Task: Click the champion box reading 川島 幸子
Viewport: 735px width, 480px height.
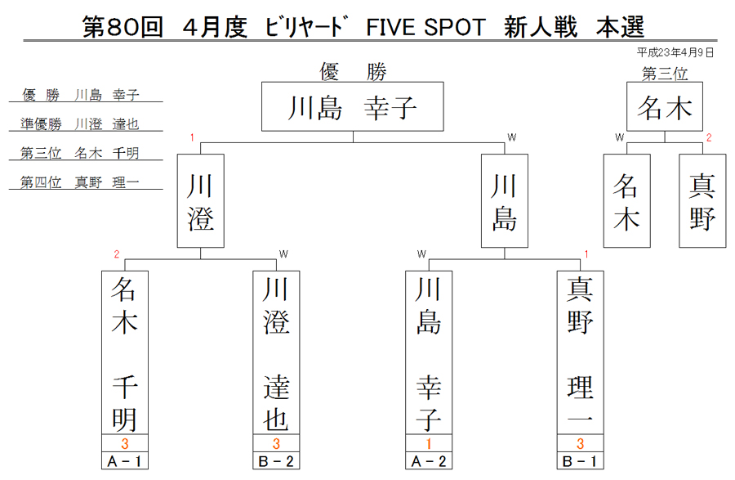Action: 353,106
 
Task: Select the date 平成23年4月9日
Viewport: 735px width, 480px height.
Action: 675,52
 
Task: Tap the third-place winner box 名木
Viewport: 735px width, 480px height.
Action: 665,106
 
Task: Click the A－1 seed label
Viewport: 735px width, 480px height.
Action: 125,460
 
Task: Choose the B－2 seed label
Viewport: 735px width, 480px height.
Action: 276,460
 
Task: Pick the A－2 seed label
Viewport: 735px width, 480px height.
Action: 429,460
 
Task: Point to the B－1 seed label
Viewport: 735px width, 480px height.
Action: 581,460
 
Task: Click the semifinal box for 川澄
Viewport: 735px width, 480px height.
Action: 201,201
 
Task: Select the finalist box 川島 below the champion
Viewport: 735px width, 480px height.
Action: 505,201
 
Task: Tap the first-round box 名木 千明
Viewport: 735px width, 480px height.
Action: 125,352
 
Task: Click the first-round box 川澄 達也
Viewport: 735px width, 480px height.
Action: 276,352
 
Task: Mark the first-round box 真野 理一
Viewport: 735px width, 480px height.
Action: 581,352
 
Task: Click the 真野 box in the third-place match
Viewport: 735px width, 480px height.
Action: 702,201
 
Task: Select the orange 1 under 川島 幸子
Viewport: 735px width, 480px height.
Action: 429,443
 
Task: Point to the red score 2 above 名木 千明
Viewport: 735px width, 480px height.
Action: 117,254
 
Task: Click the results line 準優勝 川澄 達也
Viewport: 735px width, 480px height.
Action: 80,123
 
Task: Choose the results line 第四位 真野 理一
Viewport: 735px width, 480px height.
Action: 80,182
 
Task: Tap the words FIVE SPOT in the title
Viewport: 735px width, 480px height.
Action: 425,27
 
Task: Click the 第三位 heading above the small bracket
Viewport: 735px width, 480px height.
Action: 665,74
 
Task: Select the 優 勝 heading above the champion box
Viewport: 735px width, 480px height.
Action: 353,72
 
